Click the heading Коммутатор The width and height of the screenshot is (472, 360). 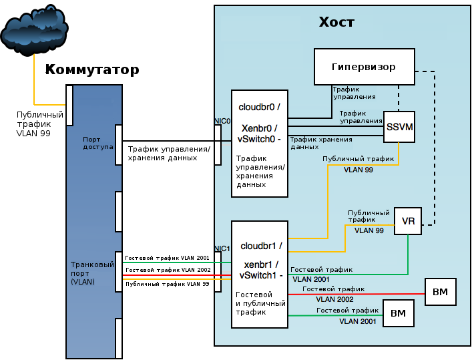(92, 70)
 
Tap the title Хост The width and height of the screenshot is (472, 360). (336, 23)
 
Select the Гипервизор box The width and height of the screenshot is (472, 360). (363, 67)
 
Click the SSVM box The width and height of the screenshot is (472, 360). (399, 127)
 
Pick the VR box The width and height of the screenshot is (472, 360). (407, 221)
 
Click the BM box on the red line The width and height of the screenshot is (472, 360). (440, 292)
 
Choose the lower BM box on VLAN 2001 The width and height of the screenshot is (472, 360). (397, 312)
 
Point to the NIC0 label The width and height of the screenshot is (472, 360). (222, 121)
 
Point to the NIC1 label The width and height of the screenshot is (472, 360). (222, 248)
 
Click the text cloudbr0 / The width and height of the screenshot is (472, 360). (259, 107)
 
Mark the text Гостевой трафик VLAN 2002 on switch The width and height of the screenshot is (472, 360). (168, 270)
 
